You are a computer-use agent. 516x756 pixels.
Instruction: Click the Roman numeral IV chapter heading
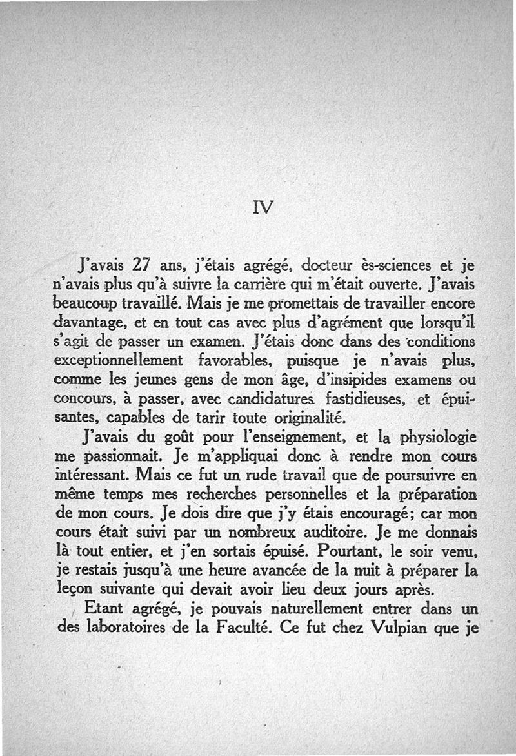264,207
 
